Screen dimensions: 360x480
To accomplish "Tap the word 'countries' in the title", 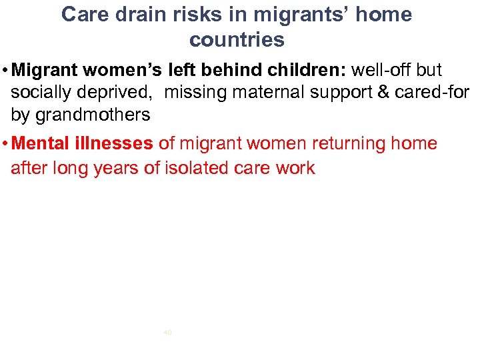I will point(237,40).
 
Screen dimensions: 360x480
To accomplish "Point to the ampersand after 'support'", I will point(384,93).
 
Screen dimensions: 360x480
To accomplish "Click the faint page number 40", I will point(167,331).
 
